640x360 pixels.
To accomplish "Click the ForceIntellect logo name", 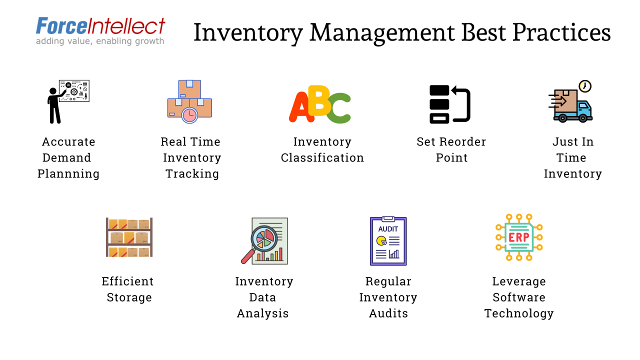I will pos(100,26).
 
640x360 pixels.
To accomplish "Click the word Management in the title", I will pos(381,32).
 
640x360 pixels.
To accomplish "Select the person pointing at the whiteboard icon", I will pos(55,104).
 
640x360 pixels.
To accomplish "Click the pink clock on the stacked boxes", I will pos(189,115).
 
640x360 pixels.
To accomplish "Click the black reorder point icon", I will pos(449,104).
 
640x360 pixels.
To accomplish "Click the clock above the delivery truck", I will pos(584,86).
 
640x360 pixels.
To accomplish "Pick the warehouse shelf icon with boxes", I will pos(129,237).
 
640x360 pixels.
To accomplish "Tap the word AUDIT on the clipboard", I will pos(388,229).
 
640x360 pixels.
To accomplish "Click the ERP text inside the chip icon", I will pos(518,237).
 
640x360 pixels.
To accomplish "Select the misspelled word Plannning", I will pos(68,174).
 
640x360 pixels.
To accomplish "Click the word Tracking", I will pos(192,174).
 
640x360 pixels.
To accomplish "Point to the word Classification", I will pos(322,158).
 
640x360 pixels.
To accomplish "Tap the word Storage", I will pos(129,297).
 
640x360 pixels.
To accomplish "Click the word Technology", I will pos(519,313).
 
